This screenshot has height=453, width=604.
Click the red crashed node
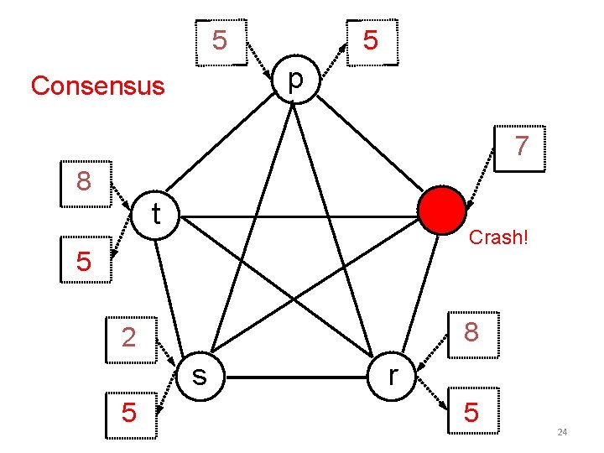pyautogui.click(x=441, y=211)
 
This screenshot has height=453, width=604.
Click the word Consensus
pyautogui.click(x=97, y=86)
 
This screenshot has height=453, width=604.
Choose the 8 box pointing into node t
pyautogui.click(x=85, y=181)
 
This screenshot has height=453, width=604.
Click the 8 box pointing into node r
pyautogui.click(x=471, y=332)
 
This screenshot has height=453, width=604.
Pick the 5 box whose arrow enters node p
pyautogui.click(x=220, y=39)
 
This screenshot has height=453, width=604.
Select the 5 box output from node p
pyautogui.click(x=370, y=39)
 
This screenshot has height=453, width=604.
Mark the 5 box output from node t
pyautogui.click(x=84, y=261)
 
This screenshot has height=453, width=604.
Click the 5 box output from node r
pyautogui.click(x=471, y=413)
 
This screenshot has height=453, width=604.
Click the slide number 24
pyautogui.click(x=562, y=432)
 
